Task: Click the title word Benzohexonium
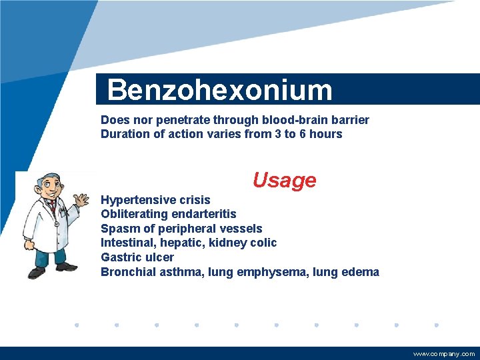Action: point(219,90)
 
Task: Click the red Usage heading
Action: point(284,180)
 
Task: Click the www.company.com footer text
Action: point(444,354)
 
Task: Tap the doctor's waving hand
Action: point(81,200)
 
